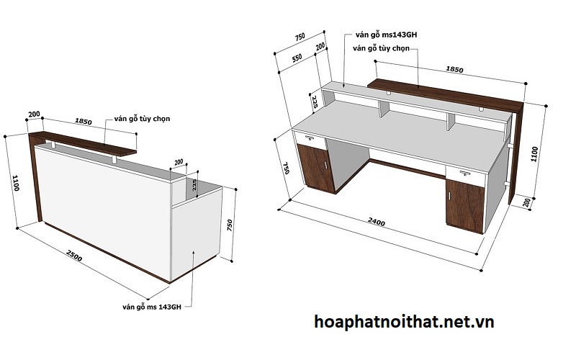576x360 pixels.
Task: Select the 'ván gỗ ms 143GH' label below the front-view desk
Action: coord(156,307)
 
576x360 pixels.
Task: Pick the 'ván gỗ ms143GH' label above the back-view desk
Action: coord(387,34)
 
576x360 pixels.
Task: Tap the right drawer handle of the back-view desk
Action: coord(462,174)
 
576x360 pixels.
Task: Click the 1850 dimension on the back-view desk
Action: coord(454,70)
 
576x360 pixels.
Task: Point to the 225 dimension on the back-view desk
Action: coord(315,101)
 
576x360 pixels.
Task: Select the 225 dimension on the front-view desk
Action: coord(193,187)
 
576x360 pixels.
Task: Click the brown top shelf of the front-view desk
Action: coord(86,143)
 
